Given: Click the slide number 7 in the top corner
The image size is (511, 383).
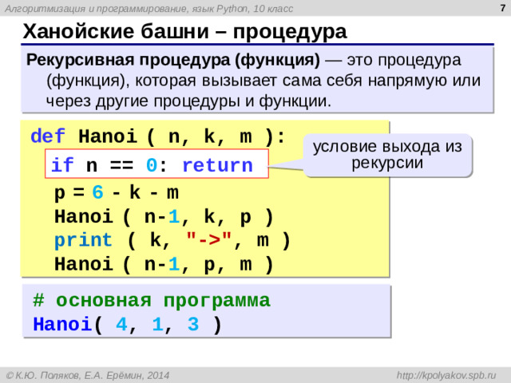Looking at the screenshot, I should [500, 7].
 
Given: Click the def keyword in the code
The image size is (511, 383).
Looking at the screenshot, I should [42, 136].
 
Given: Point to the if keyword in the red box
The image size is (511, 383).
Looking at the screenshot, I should [62, 166].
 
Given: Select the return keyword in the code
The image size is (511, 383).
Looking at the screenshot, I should [218, 166].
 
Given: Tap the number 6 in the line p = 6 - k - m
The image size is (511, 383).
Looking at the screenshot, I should [97, 193].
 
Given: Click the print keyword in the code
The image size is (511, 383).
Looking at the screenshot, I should [84, 240].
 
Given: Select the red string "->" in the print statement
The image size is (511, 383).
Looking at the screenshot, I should [208, 240].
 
